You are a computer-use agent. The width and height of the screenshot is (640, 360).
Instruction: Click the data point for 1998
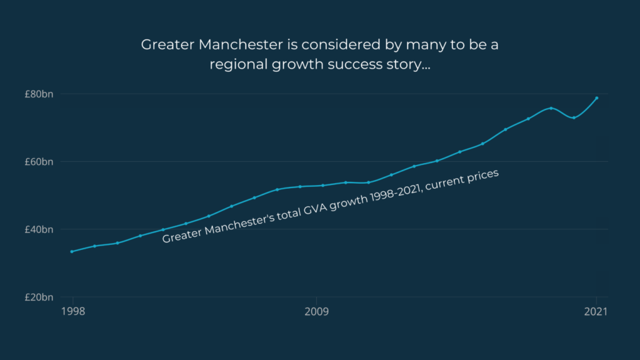[x=72, y=251]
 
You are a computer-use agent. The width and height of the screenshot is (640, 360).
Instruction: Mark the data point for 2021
[x=597, y=98]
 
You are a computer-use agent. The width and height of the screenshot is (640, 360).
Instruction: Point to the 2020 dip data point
[x=574, y=117]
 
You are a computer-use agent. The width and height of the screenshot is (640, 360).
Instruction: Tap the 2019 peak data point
[x=551, y=108]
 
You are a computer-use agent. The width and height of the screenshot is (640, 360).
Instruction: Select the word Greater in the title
[x=165, y=45]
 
